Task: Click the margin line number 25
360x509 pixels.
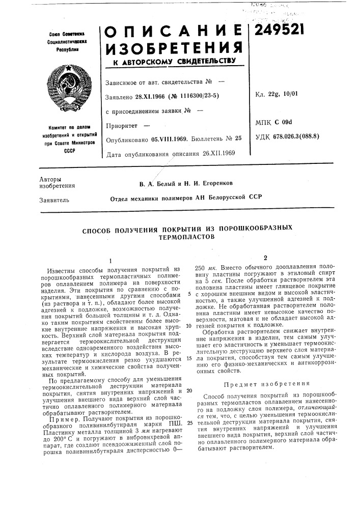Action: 189,408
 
